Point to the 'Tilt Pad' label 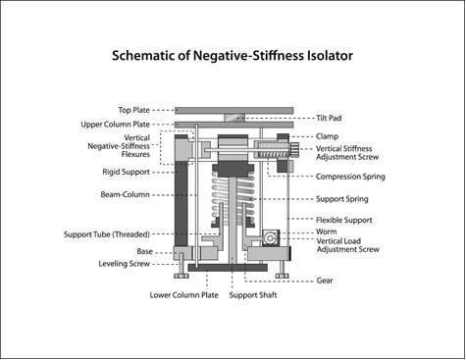pos(332,116)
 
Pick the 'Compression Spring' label pos(350,177)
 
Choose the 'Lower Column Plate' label pos(183,293)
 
